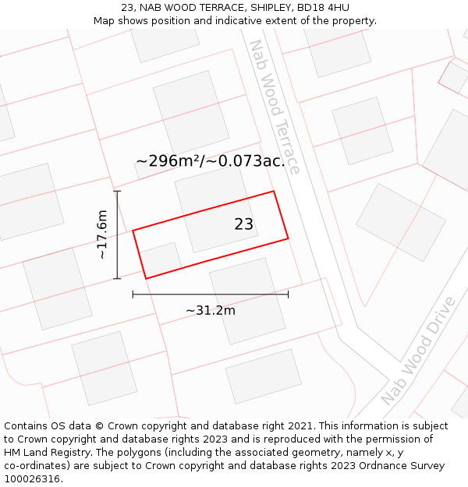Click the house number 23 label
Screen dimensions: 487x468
(x=243, y=224)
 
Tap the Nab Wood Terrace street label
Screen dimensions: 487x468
(x=274, y=108)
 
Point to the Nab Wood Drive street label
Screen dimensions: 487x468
(x=418, y=351)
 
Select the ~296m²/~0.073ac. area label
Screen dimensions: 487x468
(x=211, y=161)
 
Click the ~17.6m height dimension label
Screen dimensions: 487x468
(x=101, y=235)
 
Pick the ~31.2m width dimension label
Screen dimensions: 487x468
(x=211, y=310)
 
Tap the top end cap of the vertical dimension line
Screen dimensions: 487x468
(x=117, y=191)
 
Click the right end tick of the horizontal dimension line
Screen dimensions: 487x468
(x=288, y=294)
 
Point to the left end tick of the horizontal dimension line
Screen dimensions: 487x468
(x=133, y=294)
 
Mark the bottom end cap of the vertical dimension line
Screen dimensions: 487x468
(x=117, y=278)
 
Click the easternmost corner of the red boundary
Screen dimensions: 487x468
(x=289, y=238)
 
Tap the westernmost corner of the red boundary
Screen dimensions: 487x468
(x=133, y=231)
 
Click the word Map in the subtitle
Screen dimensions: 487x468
(x=105, y=21)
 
